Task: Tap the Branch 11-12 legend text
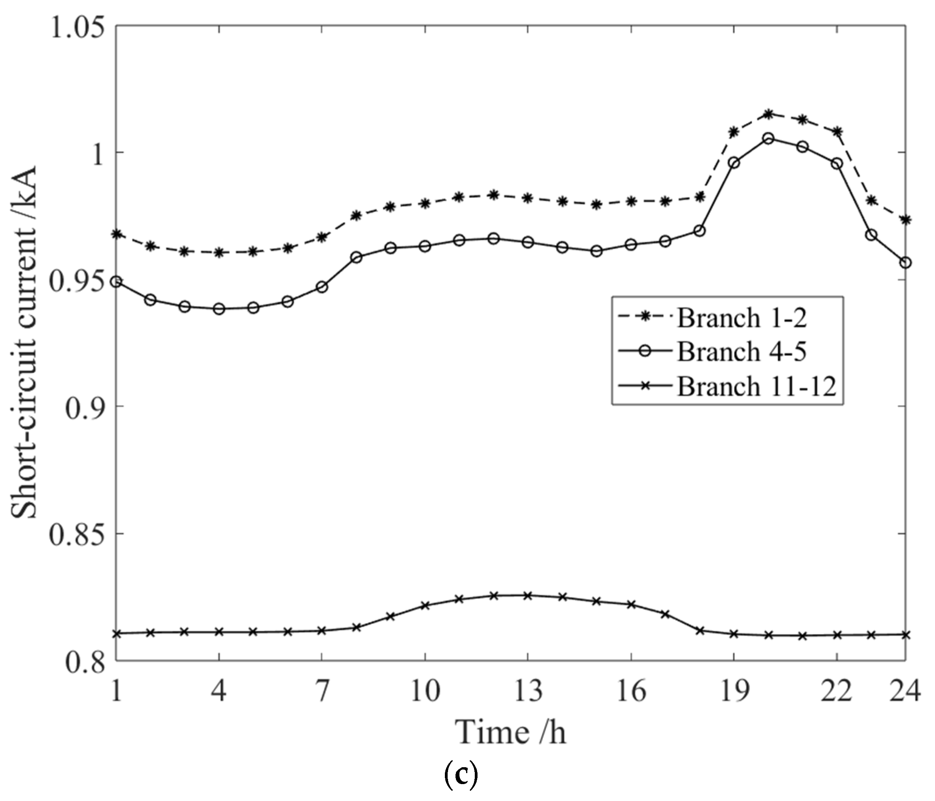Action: click(756, 386)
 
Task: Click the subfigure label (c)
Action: click(461, 777)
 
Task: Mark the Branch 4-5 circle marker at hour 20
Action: click(768, 138)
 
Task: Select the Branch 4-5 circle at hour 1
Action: click(116, 282)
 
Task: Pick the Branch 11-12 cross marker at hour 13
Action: click(527, 596)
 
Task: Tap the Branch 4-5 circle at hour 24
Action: click(905, 263)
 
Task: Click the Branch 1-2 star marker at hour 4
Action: click(219, 253)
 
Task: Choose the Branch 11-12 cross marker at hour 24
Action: click(905, 635)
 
